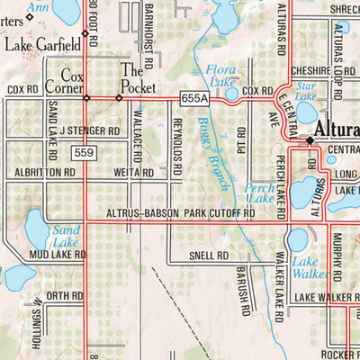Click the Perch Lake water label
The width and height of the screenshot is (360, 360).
261,193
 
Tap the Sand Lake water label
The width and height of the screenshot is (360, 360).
67,236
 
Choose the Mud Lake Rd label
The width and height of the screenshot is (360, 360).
57,255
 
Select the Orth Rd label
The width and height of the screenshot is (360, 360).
65,295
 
